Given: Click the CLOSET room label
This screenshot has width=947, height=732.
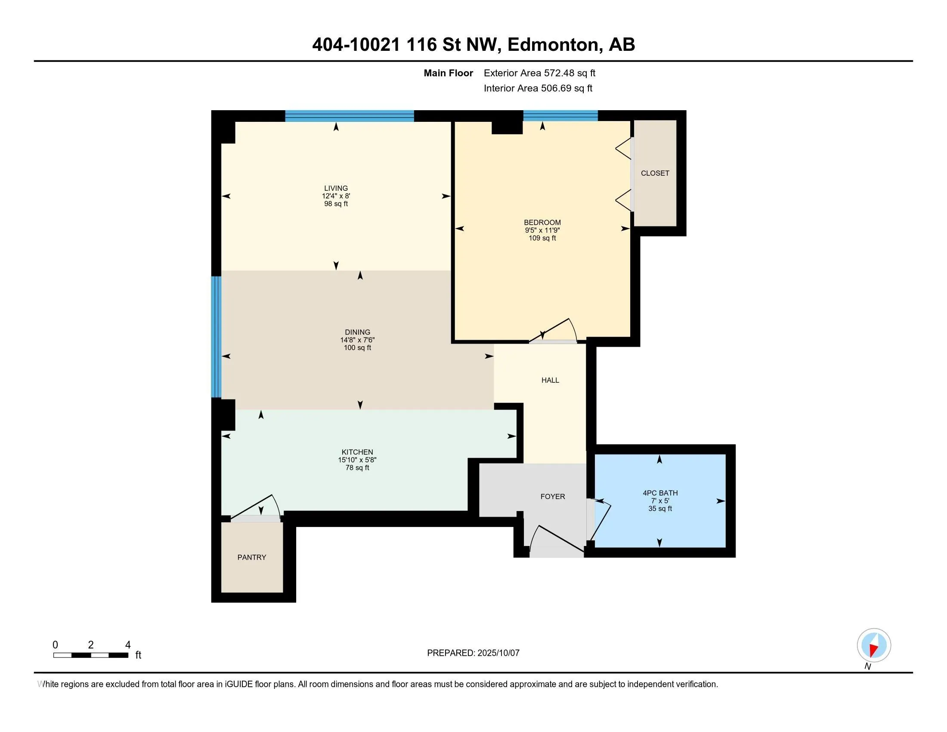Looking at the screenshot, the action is [x=655, y=173].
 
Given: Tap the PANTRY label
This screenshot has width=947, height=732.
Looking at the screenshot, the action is [x=251, y=557].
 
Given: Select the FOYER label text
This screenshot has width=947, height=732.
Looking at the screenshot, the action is [x=552, y=496].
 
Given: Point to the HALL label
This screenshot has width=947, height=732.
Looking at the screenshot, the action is [x=550, y=380].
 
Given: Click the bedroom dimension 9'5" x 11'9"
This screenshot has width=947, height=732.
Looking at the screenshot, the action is [x=542, y=230].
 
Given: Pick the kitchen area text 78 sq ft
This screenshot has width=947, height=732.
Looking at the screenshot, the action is [x=357, y=468].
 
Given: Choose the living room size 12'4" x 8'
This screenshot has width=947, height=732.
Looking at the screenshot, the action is [x=336, y=196].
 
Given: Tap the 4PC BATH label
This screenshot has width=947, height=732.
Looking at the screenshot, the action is [x=660, y=493].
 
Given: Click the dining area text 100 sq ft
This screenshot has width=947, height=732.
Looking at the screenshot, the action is [x=357, y=347].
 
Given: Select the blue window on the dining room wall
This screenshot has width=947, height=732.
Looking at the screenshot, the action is [x=216, y=337].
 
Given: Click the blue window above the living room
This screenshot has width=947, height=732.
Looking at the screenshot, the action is [x=350, y=116].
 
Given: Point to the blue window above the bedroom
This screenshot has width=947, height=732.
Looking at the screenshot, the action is [x=560, y=116].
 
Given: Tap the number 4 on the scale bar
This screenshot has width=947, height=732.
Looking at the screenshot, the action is [x=127, y=645].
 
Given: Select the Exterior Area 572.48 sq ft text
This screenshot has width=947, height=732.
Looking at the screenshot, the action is [x=539, y=73].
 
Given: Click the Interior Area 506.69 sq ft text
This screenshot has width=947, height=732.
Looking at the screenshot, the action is [x=538, y=88].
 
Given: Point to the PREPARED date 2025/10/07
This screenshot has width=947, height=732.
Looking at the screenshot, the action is [x=498, y=653].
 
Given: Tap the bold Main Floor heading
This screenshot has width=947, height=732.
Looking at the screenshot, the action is [x=448, y=73].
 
